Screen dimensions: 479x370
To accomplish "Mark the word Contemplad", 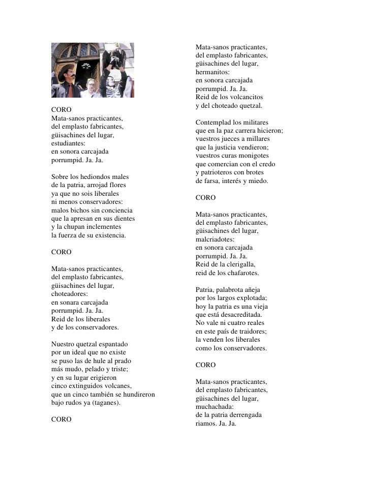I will click(212, 123).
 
